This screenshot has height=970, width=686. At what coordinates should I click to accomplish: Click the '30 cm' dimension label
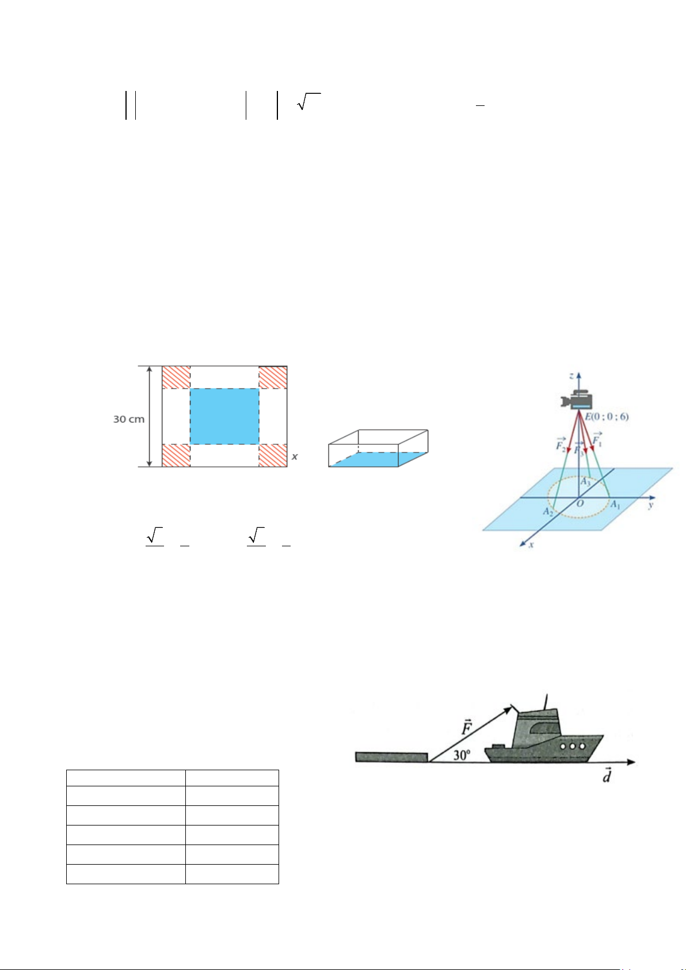tap(129, 419)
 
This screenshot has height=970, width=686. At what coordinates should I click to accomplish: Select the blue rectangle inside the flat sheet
tap(224, 416)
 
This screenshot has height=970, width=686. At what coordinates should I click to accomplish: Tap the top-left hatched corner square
tap(176, 378)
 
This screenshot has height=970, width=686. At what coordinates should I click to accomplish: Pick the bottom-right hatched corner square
tap(273, 455)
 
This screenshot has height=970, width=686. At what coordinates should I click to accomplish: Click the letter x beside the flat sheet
tap(295, 457)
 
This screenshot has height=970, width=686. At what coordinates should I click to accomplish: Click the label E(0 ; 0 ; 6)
tap(607, 417)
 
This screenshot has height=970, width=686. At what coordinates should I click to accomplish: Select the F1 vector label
tap(597, 440)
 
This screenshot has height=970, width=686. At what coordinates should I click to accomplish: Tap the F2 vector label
tap(561, 445)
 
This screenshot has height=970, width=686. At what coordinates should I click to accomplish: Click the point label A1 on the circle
tap(615, 504)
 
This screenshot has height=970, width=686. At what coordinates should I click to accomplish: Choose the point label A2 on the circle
tap(548, 512)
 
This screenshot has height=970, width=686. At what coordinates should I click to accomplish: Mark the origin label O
tap(580, 503)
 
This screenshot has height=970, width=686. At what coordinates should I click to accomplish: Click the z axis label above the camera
tap(571, 375)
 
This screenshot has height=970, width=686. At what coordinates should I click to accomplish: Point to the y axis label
tap(650, 505)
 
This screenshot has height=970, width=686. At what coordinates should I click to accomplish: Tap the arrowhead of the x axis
tap(523, 544)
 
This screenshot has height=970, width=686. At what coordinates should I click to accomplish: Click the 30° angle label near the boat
tap(462, 755)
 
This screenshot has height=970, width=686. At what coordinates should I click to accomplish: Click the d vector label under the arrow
tap(607, 775)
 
